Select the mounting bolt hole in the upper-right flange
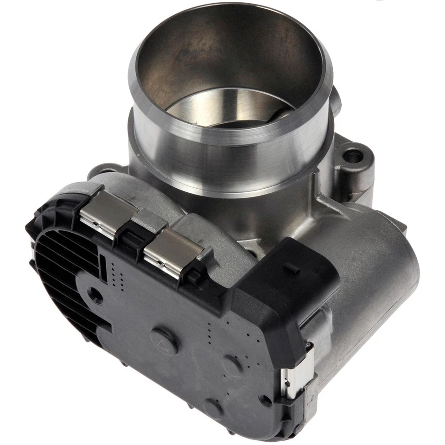pyautogui.click(x=353, y=156)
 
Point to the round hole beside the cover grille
pyautogui.click(x=96, y=295)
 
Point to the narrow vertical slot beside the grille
pyautogui.click(x=103, y=269)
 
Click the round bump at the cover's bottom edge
pyautogui.click(x=213, y=408)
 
